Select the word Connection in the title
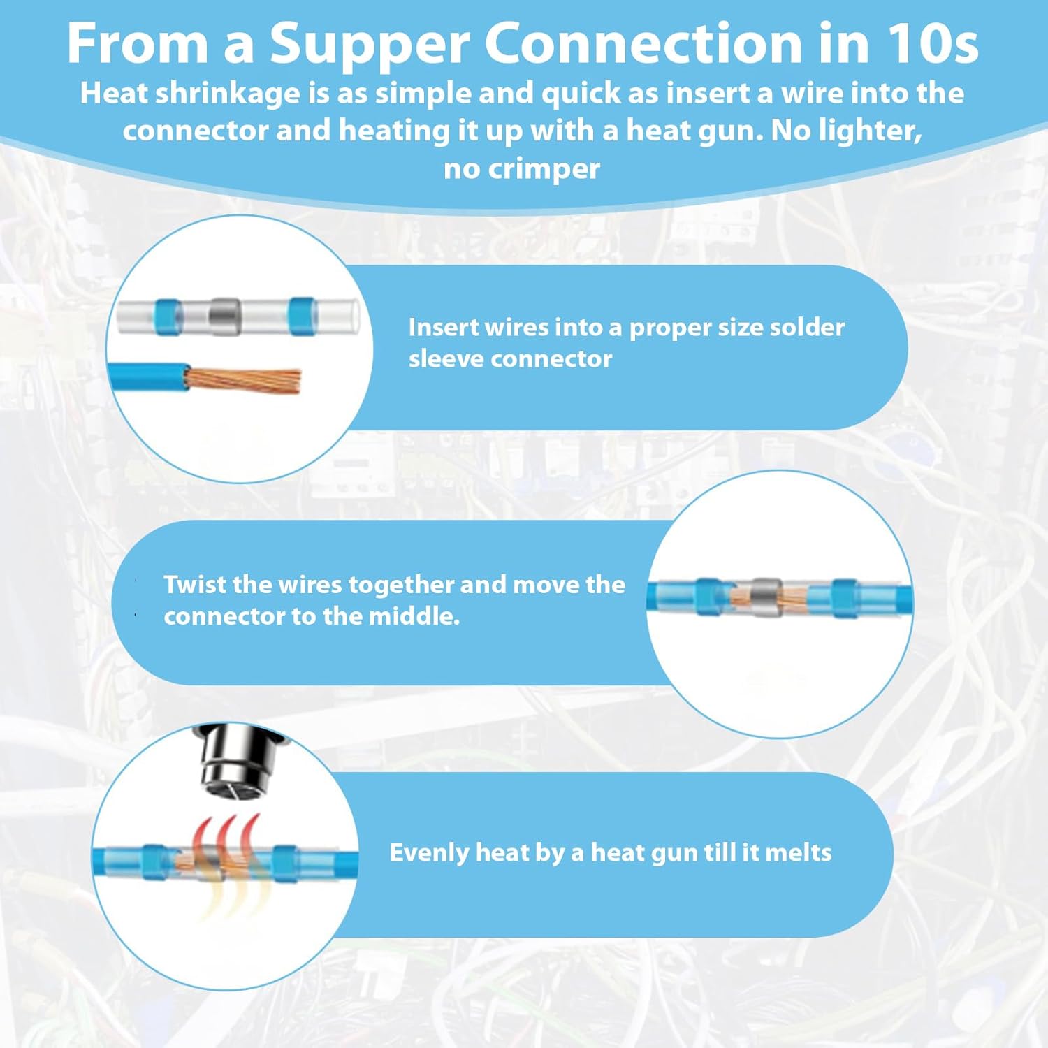point(643,43)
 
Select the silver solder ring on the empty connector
point(225,316)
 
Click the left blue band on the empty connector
point(168,316)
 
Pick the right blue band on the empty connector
point(302,316)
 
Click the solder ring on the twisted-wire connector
point(766,597)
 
